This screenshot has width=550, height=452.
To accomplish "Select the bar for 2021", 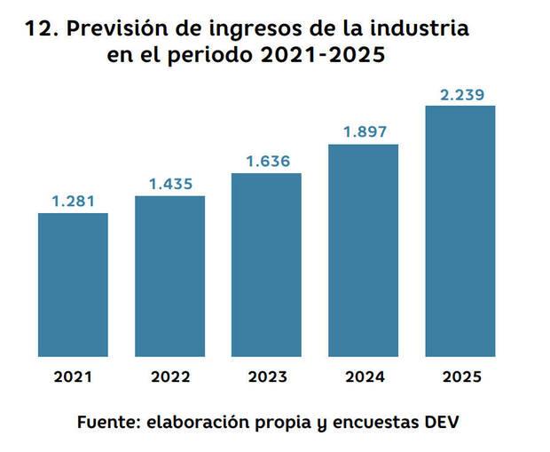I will (x=74, y=284).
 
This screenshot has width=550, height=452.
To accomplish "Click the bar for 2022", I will (x=169, y=275).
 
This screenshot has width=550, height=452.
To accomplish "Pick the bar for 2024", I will (x=363, y=250).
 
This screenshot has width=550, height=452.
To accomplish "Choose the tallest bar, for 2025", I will (x=460, y=231).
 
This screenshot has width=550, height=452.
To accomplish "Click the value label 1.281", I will (x=74, y=201).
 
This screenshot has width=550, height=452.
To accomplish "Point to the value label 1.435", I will (x=169, y=184).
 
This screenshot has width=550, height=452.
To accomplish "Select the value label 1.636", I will (x=266, y=161).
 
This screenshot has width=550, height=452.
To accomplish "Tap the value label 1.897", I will (x=363, y=131).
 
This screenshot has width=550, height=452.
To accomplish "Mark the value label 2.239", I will (x=460, y=93).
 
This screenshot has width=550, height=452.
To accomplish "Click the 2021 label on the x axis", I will (x=74, y=377).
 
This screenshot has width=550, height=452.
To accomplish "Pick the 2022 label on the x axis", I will (x=169, y=377).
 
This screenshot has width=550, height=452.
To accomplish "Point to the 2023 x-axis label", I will (x=266, y=377).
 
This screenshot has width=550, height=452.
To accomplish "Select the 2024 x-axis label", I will (x=363, y=377).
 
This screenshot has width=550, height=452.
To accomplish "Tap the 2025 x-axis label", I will (x=460, y=377).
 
